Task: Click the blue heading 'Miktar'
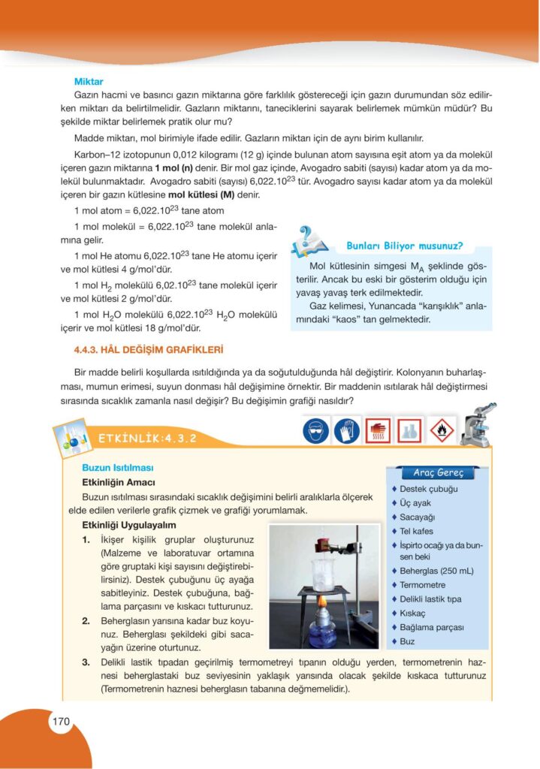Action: coord(89,81)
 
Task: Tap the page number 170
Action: coord(61,722)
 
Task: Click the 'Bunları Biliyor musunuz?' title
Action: coord(404,246)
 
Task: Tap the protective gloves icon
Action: coord(346,430)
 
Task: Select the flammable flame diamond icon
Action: coord(443,430)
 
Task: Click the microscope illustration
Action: coord(477,424)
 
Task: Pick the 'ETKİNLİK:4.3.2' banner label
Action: coord(147,439)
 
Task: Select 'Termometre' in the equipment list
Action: coord(423,585)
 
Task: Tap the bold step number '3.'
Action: coord(86,662)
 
